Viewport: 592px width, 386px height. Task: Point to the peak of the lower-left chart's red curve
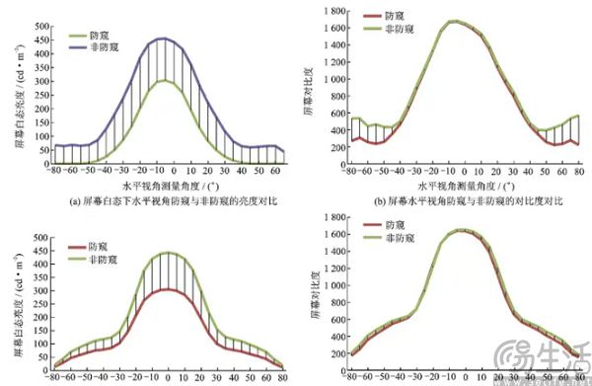click(168, 289)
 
